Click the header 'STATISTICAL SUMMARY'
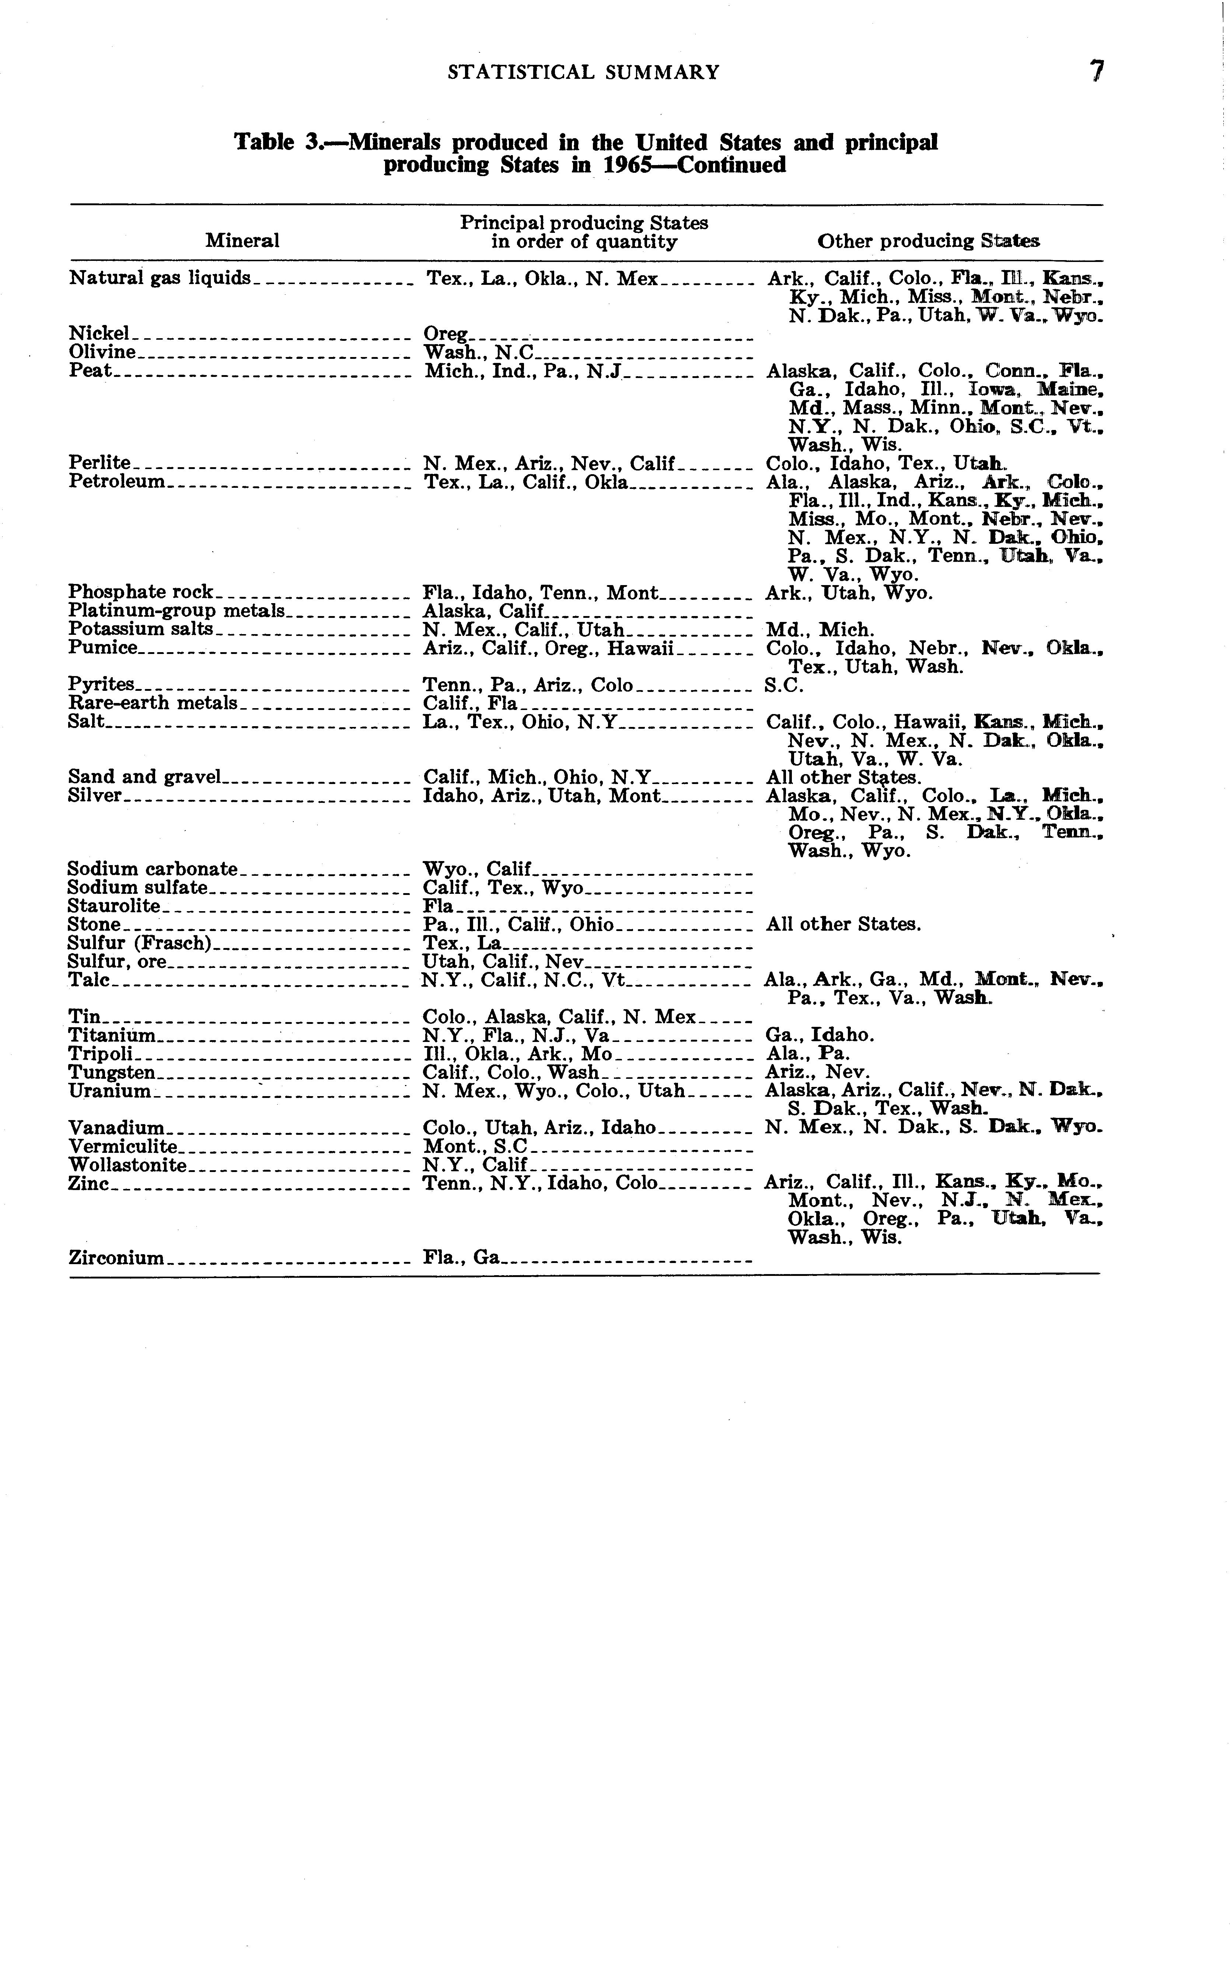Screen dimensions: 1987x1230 click(583, 72)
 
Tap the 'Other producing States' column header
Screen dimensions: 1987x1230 click(928, 241)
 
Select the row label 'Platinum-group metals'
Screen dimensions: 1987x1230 click(177, 611)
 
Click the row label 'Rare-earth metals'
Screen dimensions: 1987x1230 click(153, 703)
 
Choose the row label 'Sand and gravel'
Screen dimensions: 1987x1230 click(144, 777)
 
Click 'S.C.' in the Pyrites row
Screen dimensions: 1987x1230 click(783, 685)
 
